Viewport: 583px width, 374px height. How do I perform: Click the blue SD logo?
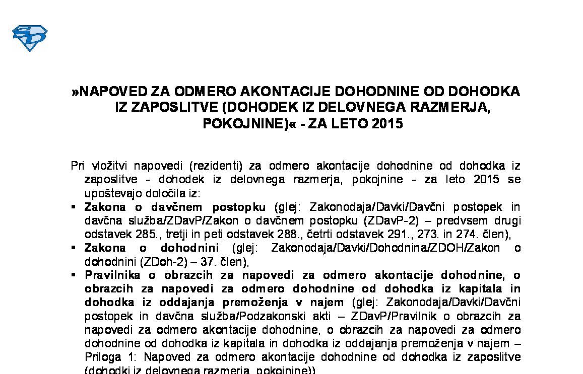coord(29,38)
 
